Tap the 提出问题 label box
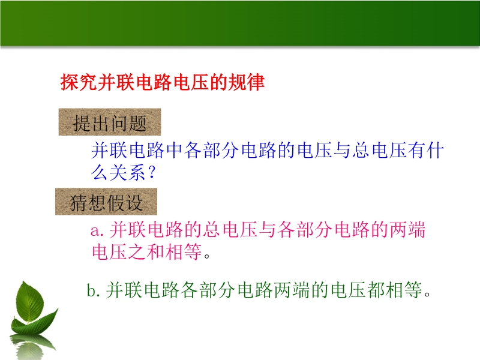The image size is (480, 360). click(110, 122)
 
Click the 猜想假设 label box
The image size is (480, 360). click(106, 202)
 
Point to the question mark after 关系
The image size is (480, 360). click(152, 172)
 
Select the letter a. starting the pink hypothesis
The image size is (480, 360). click(97, 230)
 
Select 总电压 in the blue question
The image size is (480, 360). click(379, 150)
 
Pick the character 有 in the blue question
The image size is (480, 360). click(416, 150)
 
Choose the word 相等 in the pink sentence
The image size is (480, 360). click(183, 251)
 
